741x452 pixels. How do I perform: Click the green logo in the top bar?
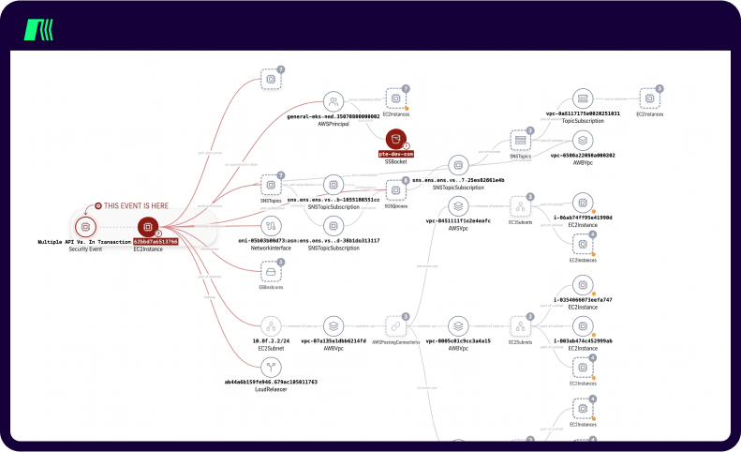[x=39, y=30]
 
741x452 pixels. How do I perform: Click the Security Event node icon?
[x=85, y=226]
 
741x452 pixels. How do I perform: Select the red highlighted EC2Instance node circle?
[x=148, y=226]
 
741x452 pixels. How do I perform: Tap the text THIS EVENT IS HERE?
[x=138, y=204]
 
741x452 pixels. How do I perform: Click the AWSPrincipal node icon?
[x=333, y=101]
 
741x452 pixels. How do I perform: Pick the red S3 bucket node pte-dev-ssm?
[x=396, y=140]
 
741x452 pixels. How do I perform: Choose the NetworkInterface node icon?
[x=272, y=226]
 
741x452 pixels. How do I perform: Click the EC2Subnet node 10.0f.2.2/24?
[x=272, y=325]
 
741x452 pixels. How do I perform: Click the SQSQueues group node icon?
[x=396, y=189]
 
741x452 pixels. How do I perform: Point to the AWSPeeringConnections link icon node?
[x=396, y=325]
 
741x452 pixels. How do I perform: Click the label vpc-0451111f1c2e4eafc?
[x=458, y=221]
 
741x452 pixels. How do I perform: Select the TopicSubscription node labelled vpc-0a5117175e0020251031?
[x=583, y=99]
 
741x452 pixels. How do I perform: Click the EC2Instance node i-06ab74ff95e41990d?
[x=583, y=203]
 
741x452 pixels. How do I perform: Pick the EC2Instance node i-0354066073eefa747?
[x=583, y=284]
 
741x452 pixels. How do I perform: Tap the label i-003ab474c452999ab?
[x=583, y=340]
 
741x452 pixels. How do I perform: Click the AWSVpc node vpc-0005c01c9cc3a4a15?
[x=458, y=325]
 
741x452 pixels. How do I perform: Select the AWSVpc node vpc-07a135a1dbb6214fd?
[x=333, y=325]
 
